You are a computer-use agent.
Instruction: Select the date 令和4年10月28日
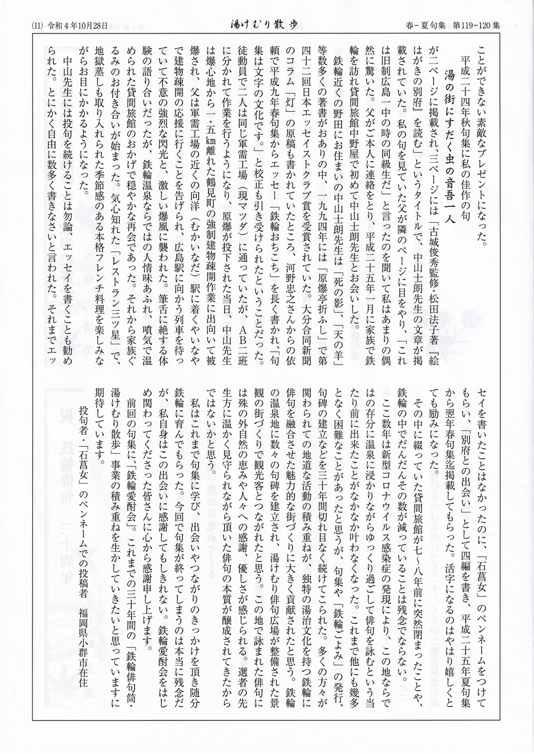click(x=77, y=25)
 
